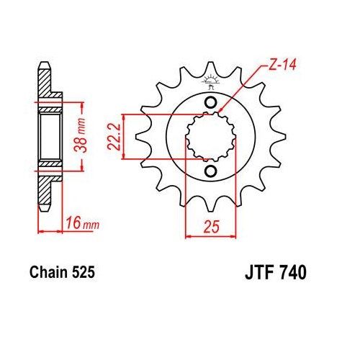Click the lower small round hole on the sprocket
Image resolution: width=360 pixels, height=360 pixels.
(210, 171)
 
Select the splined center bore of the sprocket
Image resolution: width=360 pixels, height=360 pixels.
(210, 136)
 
